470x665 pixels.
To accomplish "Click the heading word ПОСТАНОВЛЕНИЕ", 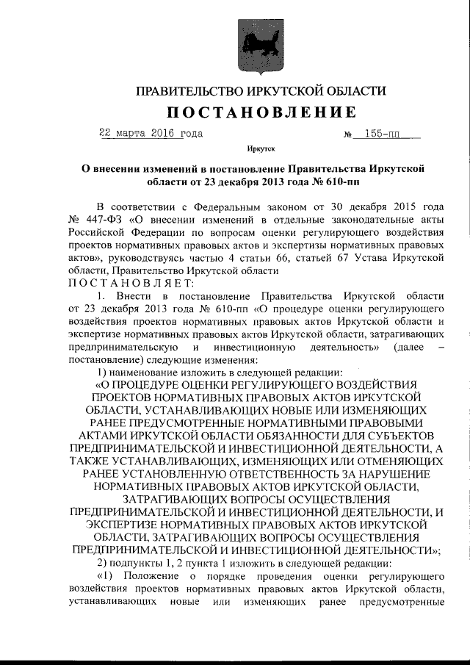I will click(x=261, y=112).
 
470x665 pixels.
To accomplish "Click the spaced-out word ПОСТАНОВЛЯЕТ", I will click(x=130, y=283).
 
